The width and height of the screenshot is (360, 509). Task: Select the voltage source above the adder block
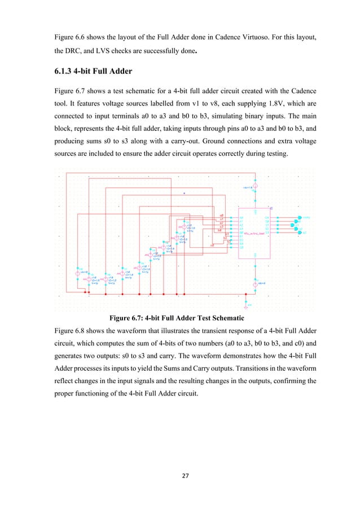(x=255, y=186)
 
